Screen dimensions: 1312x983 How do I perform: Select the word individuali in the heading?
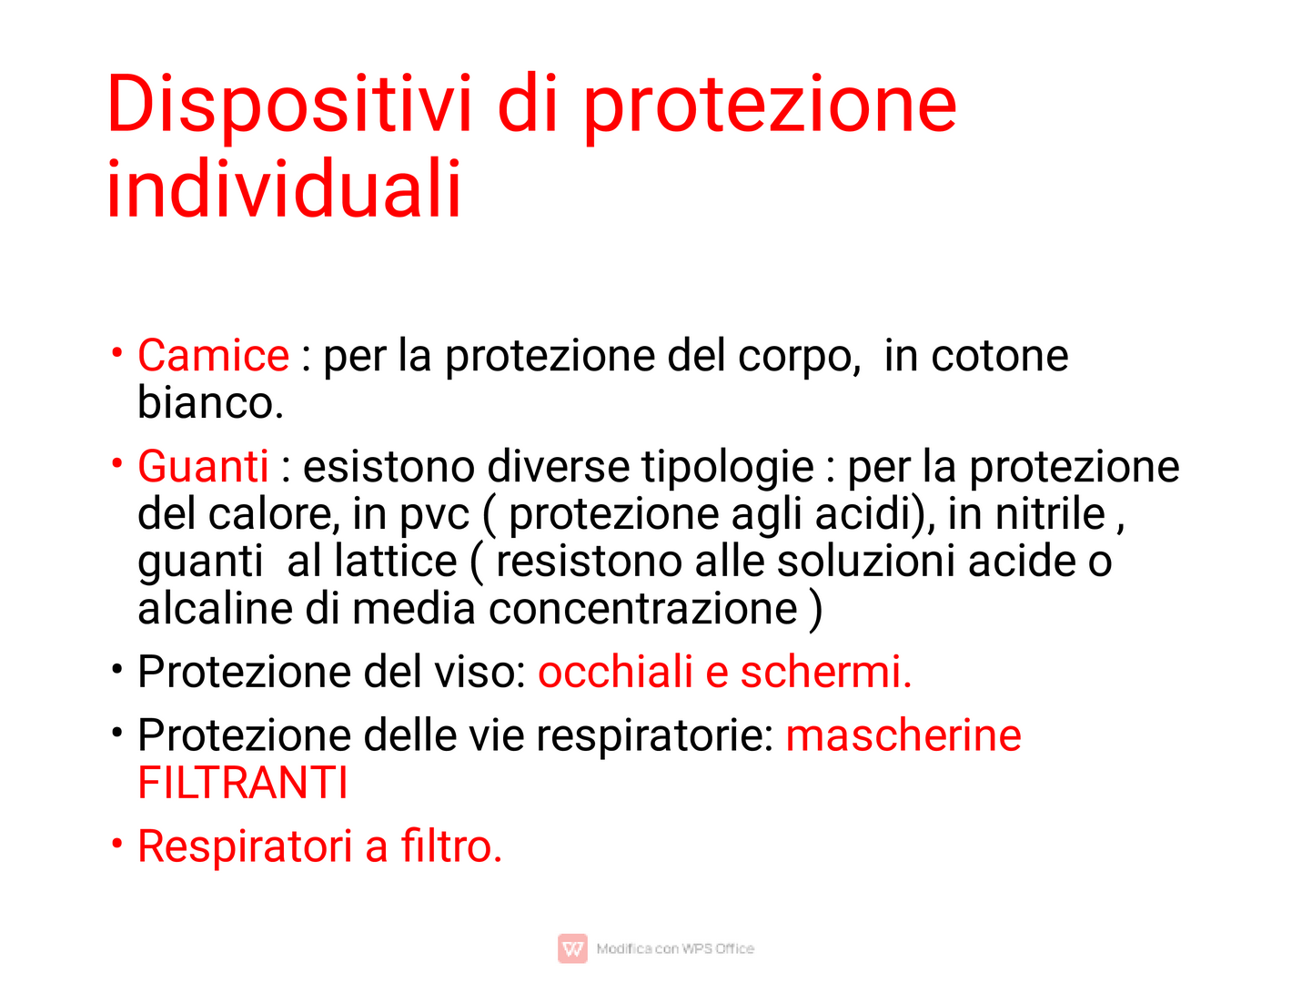coord(284,187)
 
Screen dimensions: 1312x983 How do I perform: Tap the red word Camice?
coord(214,355)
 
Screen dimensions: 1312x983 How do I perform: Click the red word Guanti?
coord(203,465)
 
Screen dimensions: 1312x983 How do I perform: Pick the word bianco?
coord(210,401)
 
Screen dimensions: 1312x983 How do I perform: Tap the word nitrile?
coord(1050,513)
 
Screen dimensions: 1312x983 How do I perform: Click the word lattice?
coord(395,561)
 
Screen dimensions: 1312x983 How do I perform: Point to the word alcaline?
coord(216,608)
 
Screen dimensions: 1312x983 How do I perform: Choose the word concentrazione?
coord(643,609)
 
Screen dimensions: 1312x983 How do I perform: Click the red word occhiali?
coord(615,671)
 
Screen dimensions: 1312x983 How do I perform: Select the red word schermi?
coord(826,671)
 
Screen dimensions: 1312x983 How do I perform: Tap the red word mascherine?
coord(903,735)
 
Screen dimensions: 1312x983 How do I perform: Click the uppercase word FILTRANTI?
coord(243,782)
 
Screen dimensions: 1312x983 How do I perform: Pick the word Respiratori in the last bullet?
coord(245,847)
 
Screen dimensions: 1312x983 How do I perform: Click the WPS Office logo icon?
coord(572,948)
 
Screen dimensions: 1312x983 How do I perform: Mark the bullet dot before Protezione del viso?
coord(117,669)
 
